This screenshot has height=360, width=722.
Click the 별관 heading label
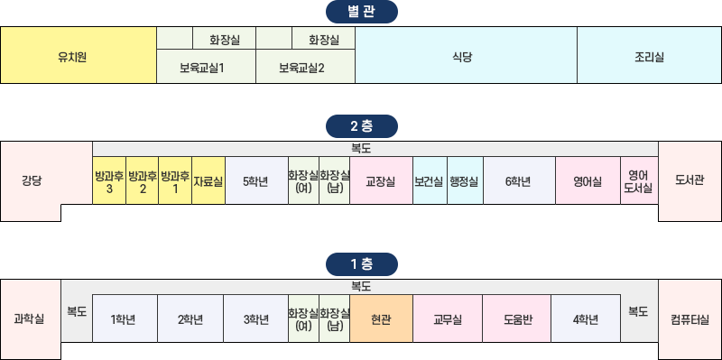pos(360,13)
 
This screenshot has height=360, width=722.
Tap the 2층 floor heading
pos(360,125)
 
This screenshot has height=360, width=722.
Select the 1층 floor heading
pos(360,264)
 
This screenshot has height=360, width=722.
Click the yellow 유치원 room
pos(79,56)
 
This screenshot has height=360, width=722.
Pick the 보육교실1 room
pos(207,67)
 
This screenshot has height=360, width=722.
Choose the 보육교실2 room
pos(305,67)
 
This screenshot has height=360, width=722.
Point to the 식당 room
pos(466,56)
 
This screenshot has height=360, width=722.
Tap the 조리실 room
pos(649,56)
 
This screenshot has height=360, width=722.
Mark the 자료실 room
pos(208,180)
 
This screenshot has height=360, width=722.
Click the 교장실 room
pos(381,180)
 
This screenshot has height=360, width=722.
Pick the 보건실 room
pos(430,180)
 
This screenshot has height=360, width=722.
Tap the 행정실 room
pos(465,180)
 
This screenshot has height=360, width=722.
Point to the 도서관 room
pos(690,180)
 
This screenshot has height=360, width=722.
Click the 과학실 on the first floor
pos(30,318)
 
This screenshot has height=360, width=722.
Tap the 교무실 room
pos(448,318)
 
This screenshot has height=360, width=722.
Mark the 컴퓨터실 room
pos(690,318)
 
